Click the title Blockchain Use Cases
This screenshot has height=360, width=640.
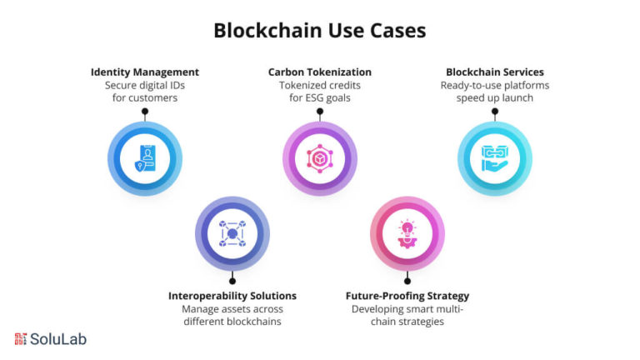click(x=320, y=31)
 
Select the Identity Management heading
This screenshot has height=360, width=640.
click(x=145, y=72)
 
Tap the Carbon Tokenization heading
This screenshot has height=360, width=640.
click(x=320, y=72)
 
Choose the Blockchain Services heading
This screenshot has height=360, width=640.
click(x=495, y=72)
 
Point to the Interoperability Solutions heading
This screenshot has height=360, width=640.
click(x=232, y=296)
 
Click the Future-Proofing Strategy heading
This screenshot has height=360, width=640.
click(x=407, y=296)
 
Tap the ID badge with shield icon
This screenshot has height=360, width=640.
click(x=145, y=158)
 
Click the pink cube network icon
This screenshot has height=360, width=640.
click(x=320, y=158)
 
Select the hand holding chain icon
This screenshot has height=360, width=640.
click(x=495, y=158)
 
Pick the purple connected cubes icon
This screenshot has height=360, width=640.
click(x=232, y=233)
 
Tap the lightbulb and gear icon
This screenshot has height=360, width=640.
click(x=407, y=233)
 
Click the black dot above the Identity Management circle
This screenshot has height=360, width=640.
click(x=145, y=112)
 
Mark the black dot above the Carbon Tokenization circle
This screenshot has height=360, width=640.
click(x=320, y=112)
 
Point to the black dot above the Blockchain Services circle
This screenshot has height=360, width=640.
click(x=495, y=112)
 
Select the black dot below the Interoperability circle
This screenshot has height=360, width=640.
click(x=232, y=281)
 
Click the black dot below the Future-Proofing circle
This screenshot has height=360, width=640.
click(x=407, y=281)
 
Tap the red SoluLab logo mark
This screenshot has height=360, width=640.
click(x=20, y=339)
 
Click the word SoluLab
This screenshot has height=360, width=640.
click(x=58, y=339)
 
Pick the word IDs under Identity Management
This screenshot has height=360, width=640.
click(x=176, y=86)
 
